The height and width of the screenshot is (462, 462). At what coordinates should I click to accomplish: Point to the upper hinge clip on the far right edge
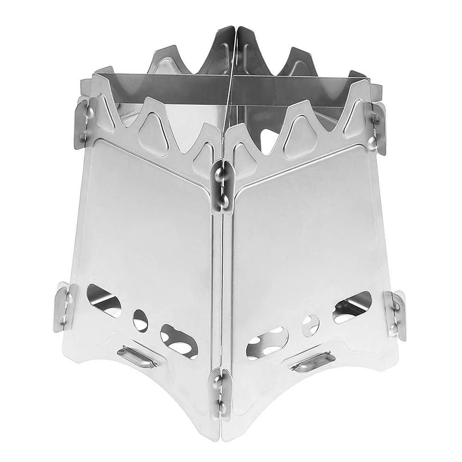pos(377,127)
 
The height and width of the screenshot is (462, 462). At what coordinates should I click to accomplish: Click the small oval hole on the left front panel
pos(140,320)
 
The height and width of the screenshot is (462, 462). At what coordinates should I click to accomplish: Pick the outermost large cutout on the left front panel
pos(103,300)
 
